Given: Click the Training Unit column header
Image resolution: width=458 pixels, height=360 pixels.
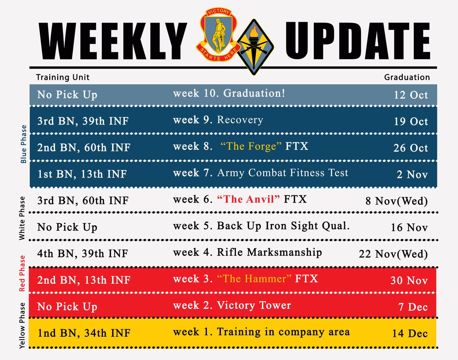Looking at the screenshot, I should click(x=63, y=77).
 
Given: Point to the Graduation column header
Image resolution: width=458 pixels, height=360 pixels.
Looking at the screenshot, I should click(x=406, y=77).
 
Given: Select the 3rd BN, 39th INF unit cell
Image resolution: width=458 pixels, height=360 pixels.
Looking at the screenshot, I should click(x=82, y=121).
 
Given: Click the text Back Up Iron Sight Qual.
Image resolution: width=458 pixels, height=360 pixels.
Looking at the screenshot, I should click(x=283, y=226).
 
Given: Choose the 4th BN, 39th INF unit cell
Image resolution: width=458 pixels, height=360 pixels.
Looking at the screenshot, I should click(x=82, y=253).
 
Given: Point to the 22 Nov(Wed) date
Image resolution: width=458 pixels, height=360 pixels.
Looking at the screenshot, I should click(x=393, y=254).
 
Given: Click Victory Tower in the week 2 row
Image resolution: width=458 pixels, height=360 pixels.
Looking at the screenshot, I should click(x=254, y=305).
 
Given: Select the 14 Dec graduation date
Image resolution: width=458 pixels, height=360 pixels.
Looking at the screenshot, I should click(x=410, y=333).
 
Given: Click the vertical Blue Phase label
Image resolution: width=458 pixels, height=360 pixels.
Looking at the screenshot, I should click(x=24, y=144).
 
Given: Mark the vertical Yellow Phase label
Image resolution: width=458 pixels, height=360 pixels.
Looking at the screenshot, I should click(x=23, y=326).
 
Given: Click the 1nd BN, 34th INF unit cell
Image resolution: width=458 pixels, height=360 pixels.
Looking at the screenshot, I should click(x=84, y=333).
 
